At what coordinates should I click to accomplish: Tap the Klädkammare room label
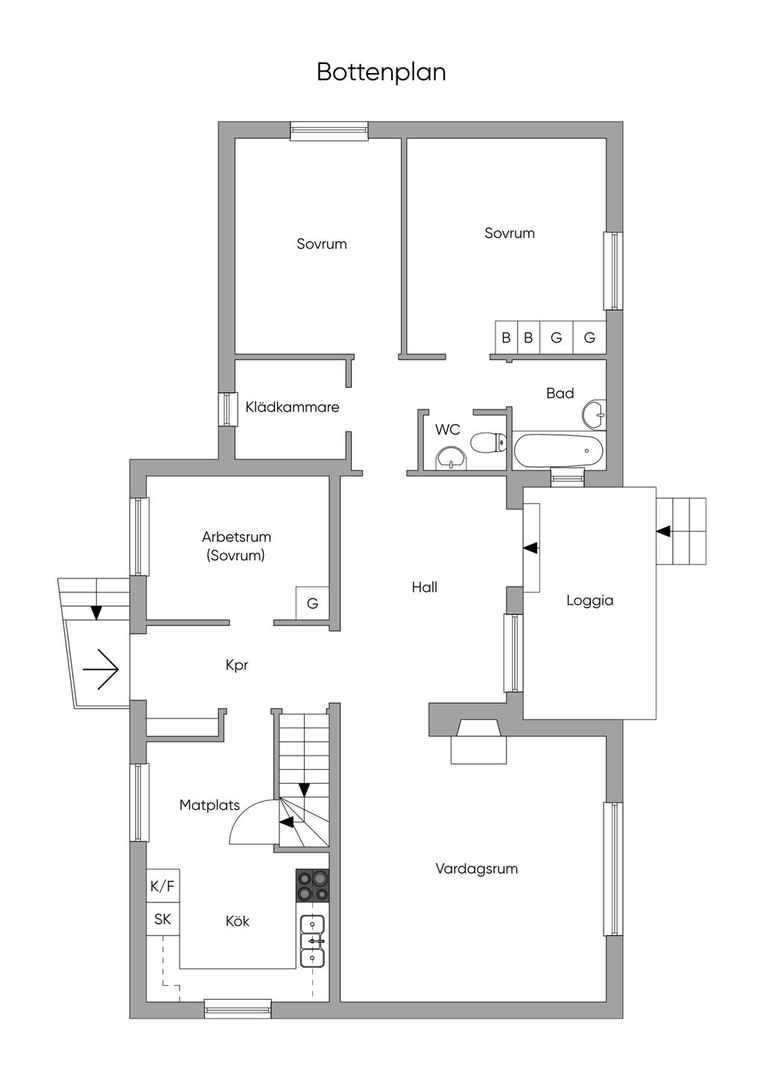point(292,407)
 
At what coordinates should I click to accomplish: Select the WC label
point(448,430)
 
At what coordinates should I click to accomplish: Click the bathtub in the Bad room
point(558,450)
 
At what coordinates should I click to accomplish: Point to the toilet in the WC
point(488,442)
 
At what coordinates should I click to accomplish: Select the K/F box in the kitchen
point(162,885)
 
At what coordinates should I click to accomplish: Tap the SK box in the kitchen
point(162,919)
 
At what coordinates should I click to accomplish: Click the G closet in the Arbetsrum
point(312,603)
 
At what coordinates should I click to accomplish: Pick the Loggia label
point(589,601)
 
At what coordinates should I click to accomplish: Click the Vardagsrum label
point(476,869)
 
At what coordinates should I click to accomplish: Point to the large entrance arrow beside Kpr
point(101,669)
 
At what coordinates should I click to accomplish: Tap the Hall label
point(425,587)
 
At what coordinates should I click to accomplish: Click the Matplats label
point(209,805)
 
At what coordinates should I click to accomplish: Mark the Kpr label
point(236,665)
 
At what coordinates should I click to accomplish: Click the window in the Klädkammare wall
point(228,409)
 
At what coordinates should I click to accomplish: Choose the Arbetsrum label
point(236,537)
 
